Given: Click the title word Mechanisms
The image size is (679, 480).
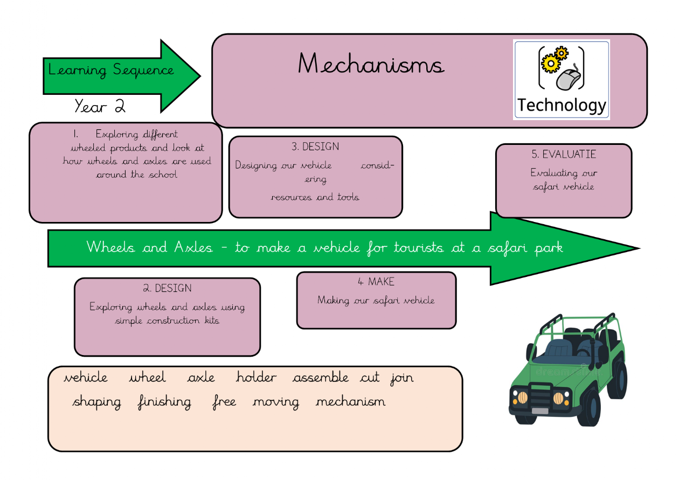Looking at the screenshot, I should click(x=371, y=64).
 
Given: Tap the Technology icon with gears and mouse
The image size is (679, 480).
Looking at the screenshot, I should click(x=561, y=79).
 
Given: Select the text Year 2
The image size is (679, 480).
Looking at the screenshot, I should click(x=100, y=106).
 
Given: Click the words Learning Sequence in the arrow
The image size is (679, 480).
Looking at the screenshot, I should click(x=111, y=70).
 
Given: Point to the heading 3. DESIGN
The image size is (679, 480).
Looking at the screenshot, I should click(x=315, y=147).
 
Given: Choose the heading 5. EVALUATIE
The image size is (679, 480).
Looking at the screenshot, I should click(x=563, y=154).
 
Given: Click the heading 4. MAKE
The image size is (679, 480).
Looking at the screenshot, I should click(x=376, y=282).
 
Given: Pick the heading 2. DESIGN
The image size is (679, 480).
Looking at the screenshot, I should click(x=167, y=288).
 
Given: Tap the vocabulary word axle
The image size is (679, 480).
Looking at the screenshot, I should click(x=201, y=378).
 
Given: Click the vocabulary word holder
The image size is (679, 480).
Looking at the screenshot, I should click(x=256, y=378).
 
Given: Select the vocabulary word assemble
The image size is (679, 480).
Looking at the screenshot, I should click(x=321, y=378).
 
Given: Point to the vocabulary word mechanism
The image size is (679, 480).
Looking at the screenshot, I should click(x=350, y=402).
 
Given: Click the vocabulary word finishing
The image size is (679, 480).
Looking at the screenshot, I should click(x=164, y=402).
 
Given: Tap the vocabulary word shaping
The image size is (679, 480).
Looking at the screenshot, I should click(x=97, y=402).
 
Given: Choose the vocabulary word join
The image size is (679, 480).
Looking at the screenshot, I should click(x=402, y=378).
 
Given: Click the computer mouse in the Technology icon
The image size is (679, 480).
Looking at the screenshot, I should click(x=569, y=80).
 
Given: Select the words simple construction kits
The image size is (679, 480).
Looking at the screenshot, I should click(x=167, y=321).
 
